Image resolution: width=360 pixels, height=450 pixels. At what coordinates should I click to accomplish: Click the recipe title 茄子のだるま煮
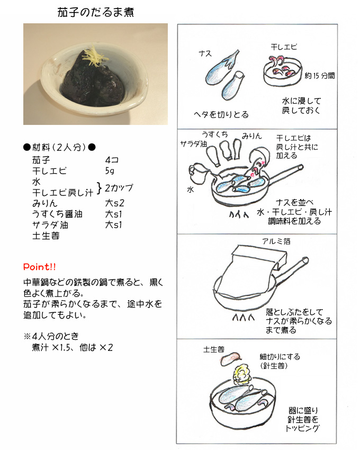click(x=95, y=12)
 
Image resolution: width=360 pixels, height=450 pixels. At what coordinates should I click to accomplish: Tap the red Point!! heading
click(x=40, y=267)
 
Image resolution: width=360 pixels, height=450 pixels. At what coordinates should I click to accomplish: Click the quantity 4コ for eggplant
click(x=112, y=160)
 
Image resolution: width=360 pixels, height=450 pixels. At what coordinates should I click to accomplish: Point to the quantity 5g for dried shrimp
click(x=110, y=171)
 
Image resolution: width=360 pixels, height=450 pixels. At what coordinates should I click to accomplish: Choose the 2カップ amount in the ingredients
click(x=119, y=188)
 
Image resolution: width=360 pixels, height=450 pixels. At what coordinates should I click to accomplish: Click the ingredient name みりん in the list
click(x=45, y=203)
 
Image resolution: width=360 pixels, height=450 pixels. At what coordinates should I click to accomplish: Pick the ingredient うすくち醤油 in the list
click(x=57, y=214)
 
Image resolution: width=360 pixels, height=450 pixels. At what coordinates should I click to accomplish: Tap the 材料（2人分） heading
click(x=59, y=148)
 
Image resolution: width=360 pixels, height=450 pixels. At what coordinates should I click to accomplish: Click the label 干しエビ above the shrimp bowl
click(x=284, y=47)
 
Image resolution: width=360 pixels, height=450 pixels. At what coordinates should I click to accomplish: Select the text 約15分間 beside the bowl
click(x=320, y=76)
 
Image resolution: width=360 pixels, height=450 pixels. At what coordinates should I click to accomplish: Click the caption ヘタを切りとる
click(x=221, y=114)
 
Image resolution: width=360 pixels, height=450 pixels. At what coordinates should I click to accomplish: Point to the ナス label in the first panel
click(x=205, y=53)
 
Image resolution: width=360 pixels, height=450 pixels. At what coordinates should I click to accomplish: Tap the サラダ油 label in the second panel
click(x=193, y=144)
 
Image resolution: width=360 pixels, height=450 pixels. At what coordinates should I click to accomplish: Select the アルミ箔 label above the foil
click(x=276, y=241)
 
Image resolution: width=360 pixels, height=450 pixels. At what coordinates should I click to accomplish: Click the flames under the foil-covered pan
click(x=243, y=317)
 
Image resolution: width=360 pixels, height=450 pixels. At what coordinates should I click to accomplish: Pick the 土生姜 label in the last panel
click(x=214, y=349)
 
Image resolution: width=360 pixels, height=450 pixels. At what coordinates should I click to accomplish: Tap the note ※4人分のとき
click(x=51, y=336)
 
